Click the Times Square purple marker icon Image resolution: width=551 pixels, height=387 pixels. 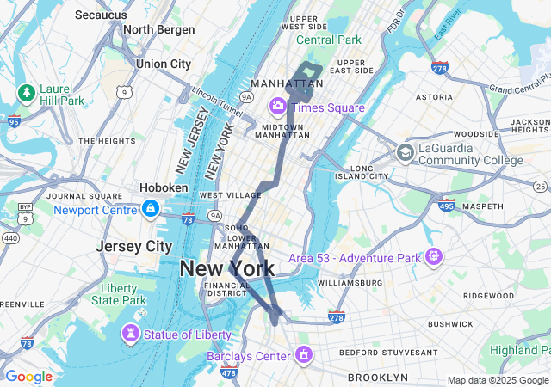click(278, 107)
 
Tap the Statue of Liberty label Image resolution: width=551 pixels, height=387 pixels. click(188, 334)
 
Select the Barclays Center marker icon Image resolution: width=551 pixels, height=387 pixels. click(303, 354)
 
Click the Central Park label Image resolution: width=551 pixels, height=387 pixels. click(329, 40)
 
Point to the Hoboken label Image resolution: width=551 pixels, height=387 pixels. click(164, 187)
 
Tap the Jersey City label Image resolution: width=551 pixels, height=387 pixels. click(134, 246)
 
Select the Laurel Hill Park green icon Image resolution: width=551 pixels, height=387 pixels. click(26, 92)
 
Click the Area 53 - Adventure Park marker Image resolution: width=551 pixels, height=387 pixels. click(432, 256)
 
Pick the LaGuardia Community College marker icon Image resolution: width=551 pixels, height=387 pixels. click(405, 153)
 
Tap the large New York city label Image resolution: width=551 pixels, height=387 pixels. click(227, 268)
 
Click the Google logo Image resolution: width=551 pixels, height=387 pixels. click(28, 376)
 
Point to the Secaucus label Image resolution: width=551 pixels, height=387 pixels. click(102, 15)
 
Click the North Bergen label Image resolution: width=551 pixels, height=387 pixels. click(160, 29)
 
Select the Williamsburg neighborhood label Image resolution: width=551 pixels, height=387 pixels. click(350, 282)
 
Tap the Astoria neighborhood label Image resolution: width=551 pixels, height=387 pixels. click(433, 97)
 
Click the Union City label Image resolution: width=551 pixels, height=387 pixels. click(163, 64)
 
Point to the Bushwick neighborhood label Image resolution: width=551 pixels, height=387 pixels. click(449, 324)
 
